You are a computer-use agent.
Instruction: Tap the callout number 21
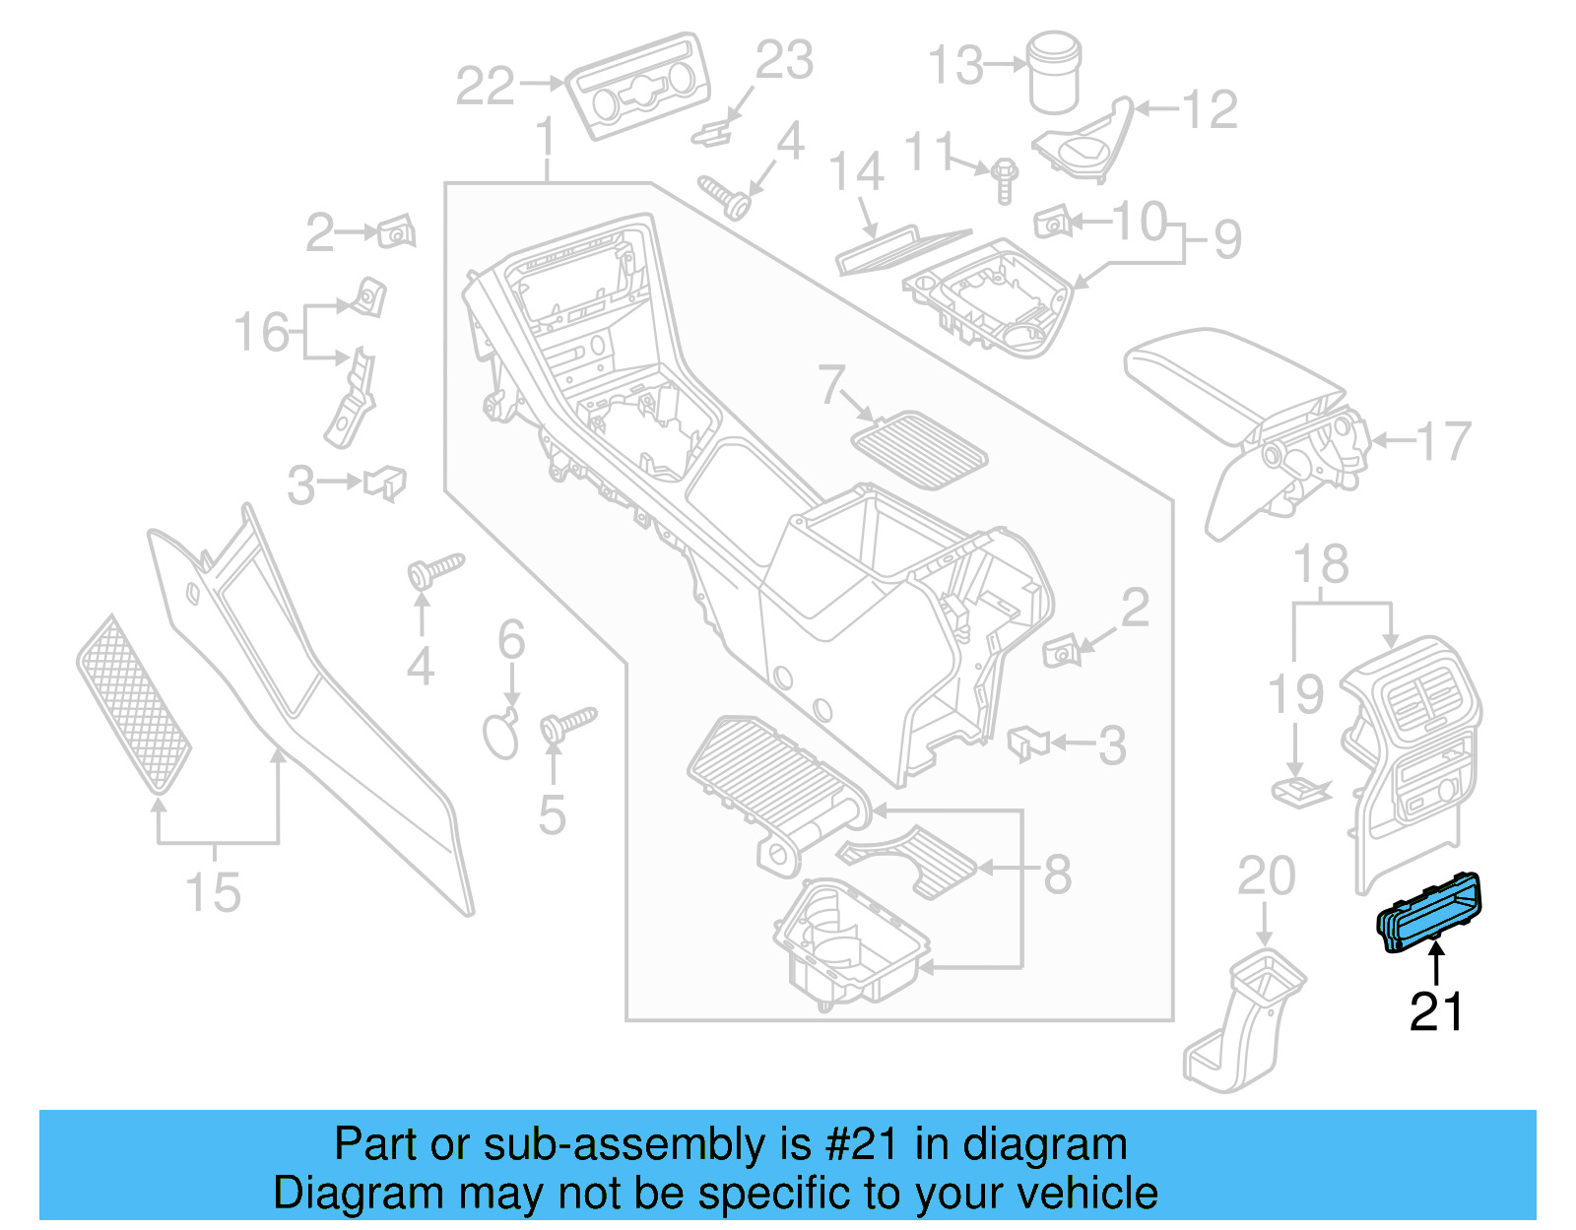pyautogui.click(x=1436, y=1011)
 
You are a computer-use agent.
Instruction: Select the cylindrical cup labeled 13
pyautogui.click(x=1053, y=73)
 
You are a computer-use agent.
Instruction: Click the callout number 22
pyautogui.click(x=485, y=87)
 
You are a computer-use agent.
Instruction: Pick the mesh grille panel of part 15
pyautogui.click(x=134, y=705)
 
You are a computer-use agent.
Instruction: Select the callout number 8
pyautogui.click(x=1057, y=874)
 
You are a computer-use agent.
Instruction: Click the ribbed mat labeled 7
pyautogui.click(x=920, y=453)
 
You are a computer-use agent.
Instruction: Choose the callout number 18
pyautogui.click(x=1321, y=565)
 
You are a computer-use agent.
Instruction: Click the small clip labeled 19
pyautogui.click(x=1299, y=791)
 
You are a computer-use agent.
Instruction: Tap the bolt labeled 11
pyautogui.click(x=1004, y=180)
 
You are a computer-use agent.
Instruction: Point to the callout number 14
pyautogui.click(x=856, y=172)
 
